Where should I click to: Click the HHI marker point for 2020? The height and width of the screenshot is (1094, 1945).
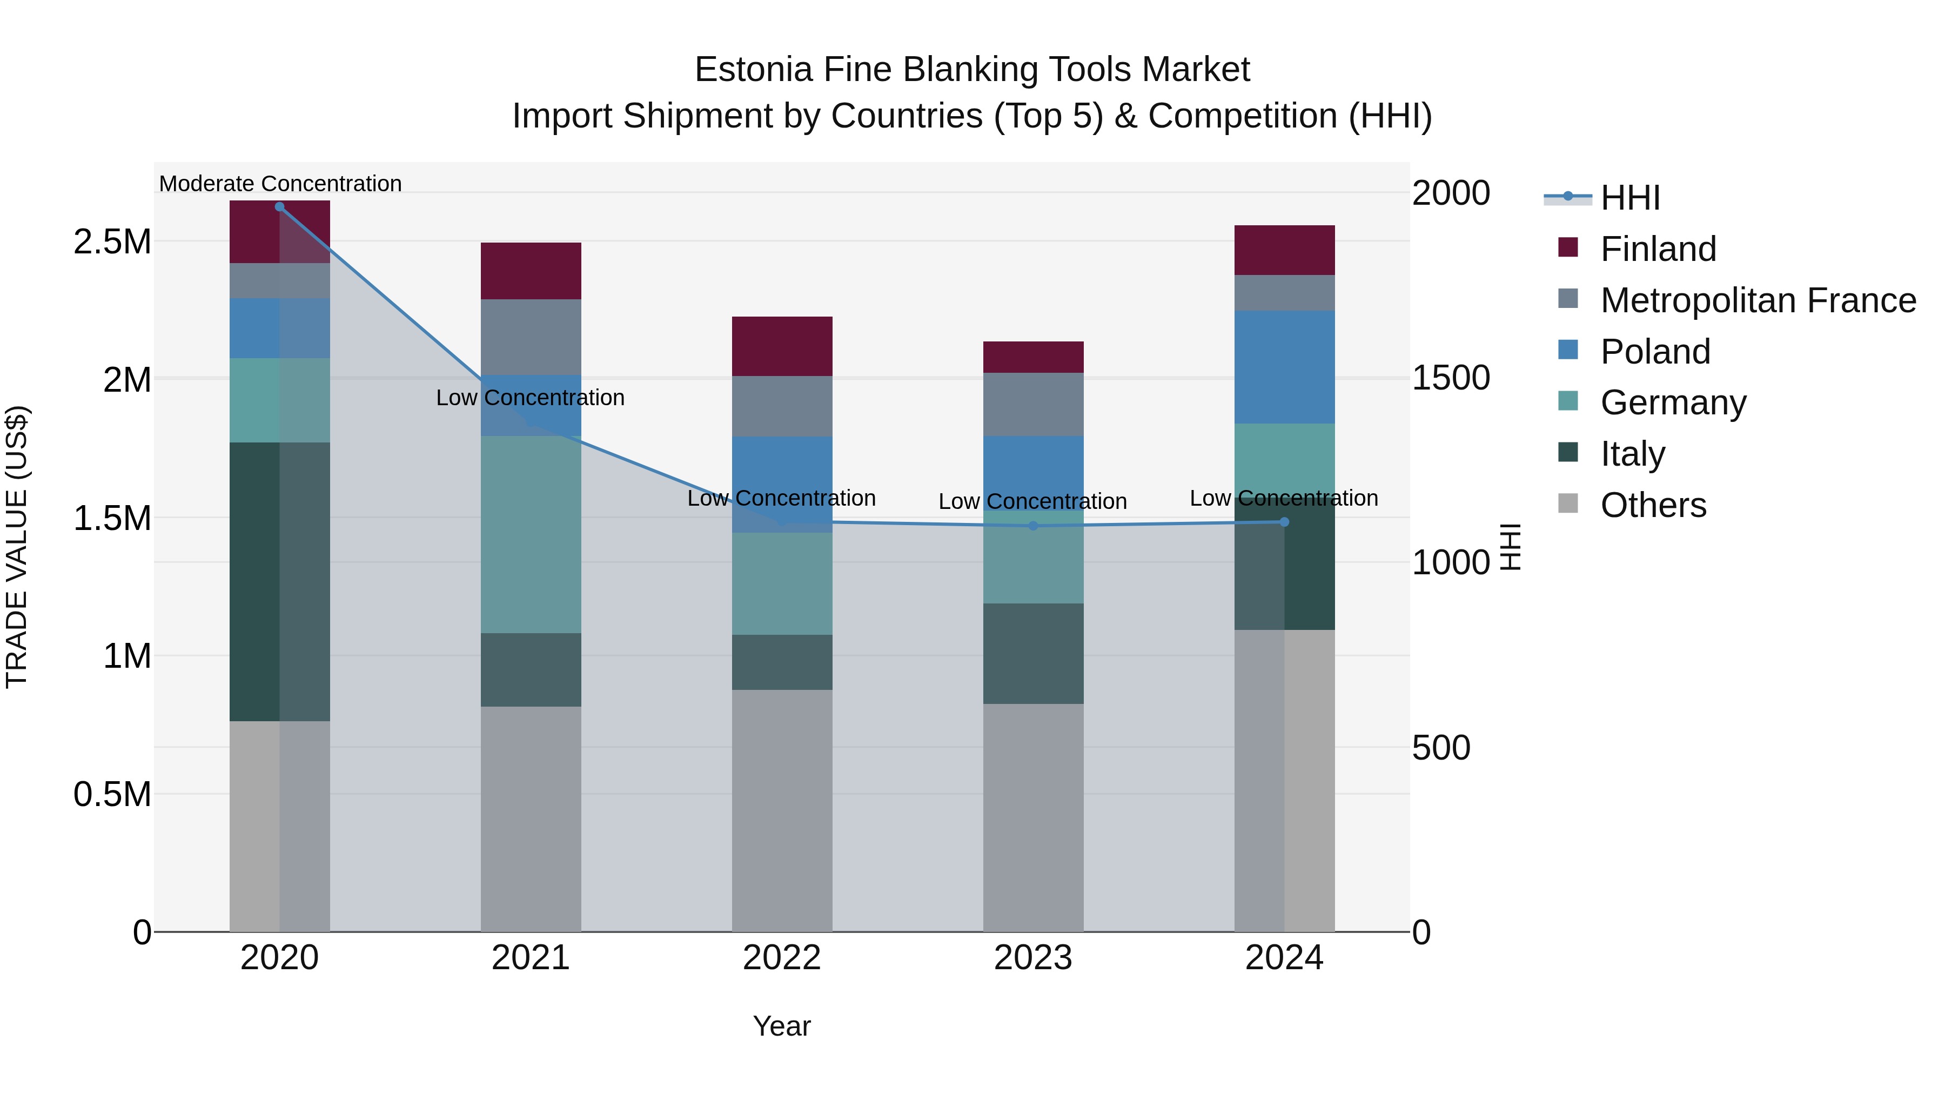(x=279, y=207)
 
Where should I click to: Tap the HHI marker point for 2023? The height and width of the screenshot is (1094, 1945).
(x=1033, y=526)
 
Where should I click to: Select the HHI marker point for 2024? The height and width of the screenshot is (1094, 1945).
(x=1284, y=522)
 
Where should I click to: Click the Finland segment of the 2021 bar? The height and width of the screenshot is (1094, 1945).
(x=531, y=271)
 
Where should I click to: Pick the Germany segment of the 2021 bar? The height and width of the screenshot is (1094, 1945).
(x=531, y=534)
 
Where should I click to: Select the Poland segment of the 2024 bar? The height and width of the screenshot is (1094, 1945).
(x=1284, y=367)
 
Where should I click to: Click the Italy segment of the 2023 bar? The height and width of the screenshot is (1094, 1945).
(x=1033, y=654)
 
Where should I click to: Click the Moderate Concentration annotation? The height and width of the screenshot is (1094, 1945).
(x=280, y=184)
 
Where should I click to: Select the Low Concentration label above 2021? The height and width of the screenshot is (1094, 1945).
(x=530, y=398)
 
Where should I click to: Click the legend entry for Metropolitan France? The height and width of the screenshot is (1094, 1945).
(x=1758, y=300)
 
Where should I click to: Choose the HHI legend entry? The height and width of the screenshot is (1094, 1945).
(x=1629, y=198)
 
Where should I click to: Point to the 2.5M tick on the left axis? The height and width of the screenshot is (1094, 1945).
(x=112, y=243)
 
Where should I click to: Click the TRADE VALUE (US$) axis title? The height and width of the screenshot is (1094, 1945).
(x=17, y=547)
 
